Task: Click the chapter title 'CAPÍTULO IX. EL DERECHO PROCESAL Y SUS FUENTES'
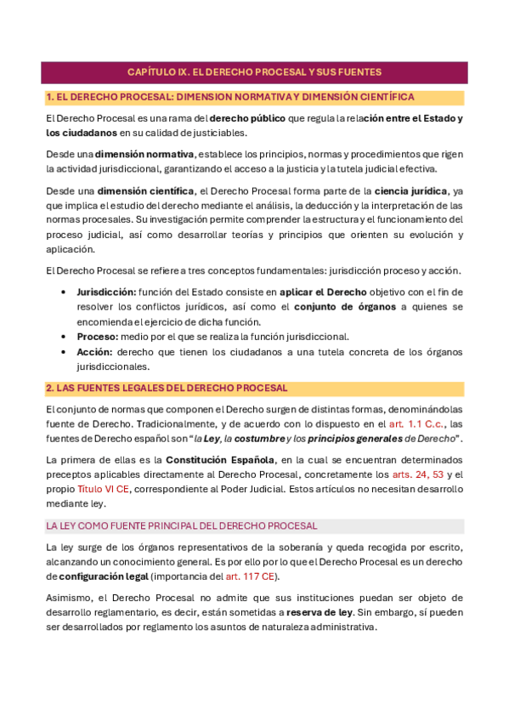pos(254,72)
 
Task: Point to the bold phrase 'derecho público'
pos(247,118)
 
